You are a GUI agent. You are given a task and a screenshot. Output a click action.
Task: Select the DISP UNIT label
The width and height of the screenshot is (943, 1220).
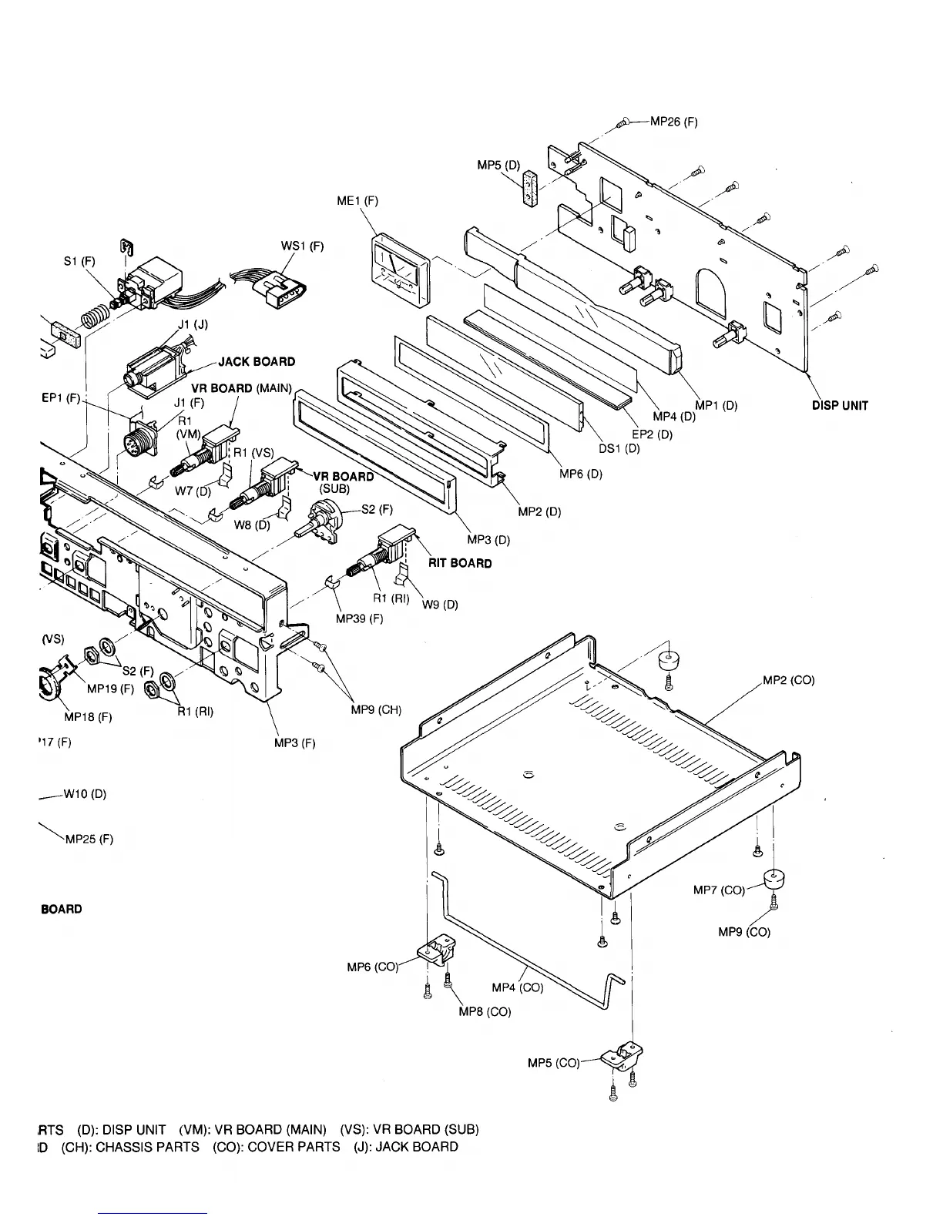tap(840, 406)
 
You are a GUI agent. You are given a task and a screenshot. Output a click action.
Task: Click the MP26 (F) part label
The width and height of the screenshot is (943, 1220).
tap(674, 121)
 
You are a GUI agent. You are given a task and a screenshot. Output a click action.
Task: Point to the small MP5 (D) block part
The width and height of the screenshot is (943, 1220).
tap(529, 189)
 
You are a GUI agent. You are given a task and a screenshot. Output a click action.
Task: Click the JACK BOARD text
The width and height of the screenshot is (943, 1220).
tap(257, 361)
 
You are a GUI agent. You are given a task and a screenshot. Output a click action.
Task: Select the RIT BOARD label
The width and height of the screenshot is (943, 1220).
tap(460, 563)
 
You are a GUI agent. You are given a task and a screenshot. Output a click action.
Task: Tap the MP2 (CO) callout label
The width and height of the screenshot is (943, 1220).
tap(788, 680)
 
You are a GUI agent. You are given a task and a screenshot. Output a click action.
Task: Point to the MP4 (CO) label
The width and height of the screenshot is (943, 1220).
tap(517, 987)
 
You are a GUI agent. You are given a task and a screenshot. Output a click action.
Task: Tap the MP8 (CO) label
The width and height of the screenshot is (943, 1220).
tap(485, 1011)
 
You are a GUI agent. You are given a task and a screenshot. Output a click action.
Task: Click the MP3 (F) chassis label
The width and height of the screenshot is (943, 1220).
tap(295, 743)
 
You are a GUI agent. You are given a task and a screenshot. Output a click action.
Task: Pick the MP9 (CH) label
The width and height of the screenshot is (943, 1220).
tap(376, 709)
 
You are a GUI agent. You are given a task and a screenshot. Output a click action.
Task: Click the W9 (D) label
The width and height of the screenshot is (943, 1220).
tap(440, 605)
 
